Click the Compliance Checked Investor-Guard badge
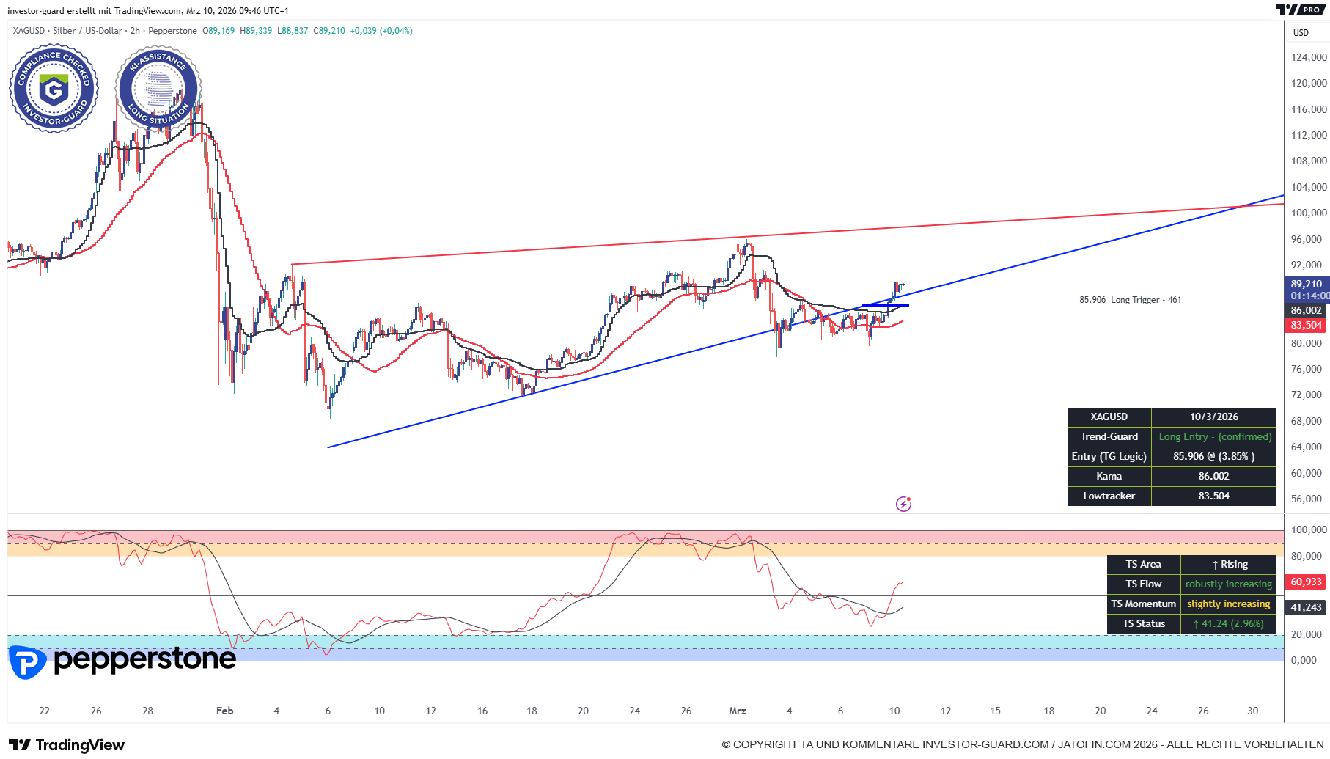coord(54,89)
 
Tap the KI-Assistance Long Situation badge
coord(158,89)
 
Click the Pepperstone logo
coord(122,661)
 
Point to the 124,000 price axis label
coord(1309,57)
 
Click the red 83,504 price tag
coord(1307,325)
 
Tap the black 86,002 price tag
coord(1307,311)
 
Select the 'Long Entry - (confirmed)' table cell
coord(1214,437)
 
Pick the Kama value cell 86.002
coord(1213,477)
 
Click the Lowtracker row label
coord(1109,496)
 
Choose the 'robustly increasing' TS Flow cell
coord(1228,584)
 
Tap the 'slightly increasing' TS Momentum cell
coord(1228,604)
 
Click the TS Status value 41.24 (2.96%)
coord(1228,624)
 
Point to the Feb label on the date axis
coord(224,711)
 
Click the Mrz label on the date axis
coord(738,711)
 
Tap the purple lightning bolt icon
coord(903,504)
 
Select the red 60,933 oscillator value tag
coord(1306,582)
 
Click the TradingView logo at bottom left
coord(67,745)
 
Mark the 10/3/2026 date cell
coord(1213,417)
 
